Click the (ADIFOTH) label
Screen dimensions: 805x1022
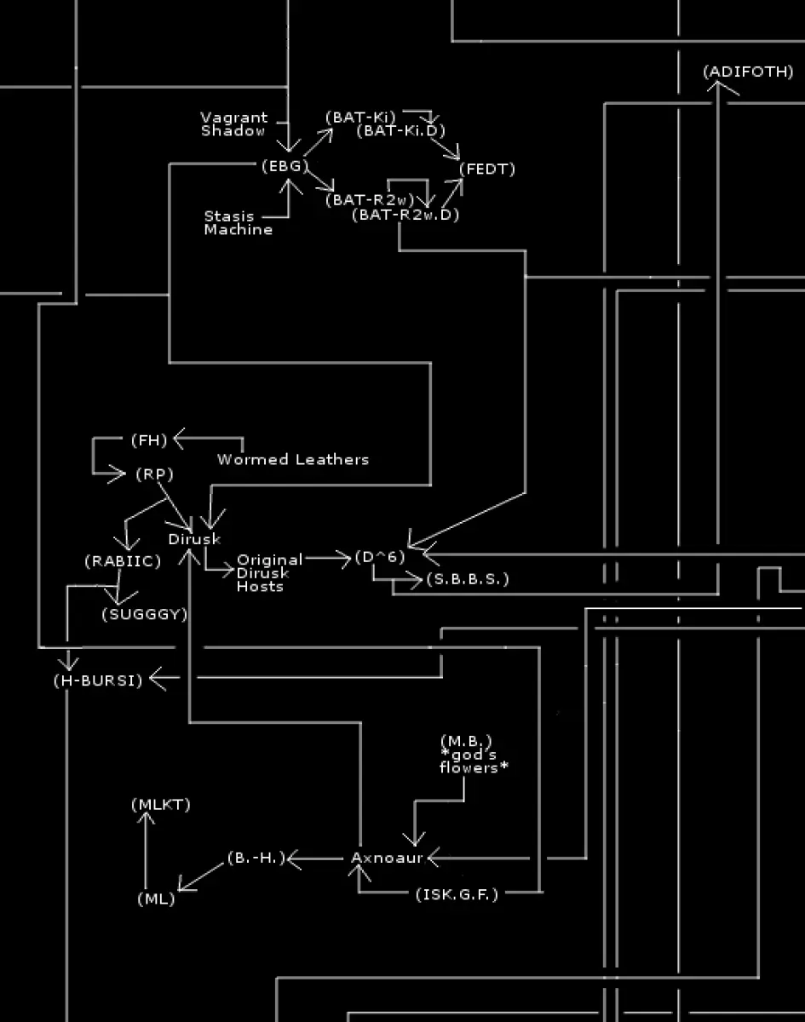point(748,72)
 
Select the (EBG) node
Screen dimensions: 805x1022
point(285,166)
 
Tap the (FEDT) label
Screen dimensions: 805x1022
point(487,169)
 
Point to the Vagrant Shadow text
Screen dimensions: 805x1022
point(233,124)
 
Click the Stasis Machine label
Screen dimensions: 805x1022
point(238,223)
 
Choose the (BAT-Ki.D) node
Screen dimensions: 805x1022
point(400,130)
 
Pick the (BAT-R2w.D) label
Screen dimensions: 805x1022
point(405,215)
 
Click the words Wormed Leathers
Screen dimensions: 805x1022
point(293,460)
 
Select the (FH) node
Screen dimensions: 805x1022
point(149,440)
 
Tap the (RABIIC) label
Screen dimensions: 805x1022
point(123,561)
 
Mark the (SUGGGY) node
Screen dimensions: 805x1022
point(145,615)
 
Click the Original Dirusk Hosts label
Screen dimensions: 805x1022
point(269,573)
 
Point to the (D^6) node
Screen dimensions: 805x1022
point(380,557)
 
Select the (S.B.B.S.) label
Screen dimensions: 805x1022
point(468,579)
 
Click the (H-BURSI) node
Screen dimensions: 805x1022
point(98,680)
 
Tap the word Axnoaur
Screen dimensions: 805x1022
point(387,858)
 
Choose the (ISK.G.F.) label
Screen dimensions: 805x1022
point(457,895)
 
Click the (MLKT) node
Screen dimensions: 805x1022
point(161,805)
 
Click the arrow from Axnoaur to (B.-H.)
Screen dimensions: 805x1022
point(315,859)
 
